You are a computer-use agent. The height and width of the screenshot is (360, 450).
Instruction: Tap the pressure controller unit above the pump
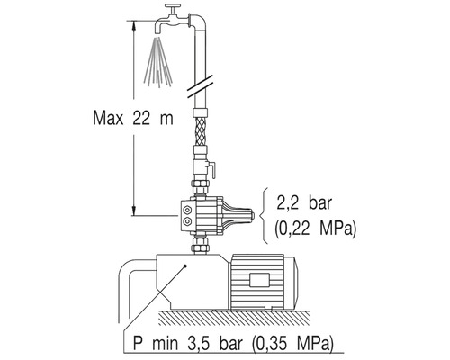click(216, 214)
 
